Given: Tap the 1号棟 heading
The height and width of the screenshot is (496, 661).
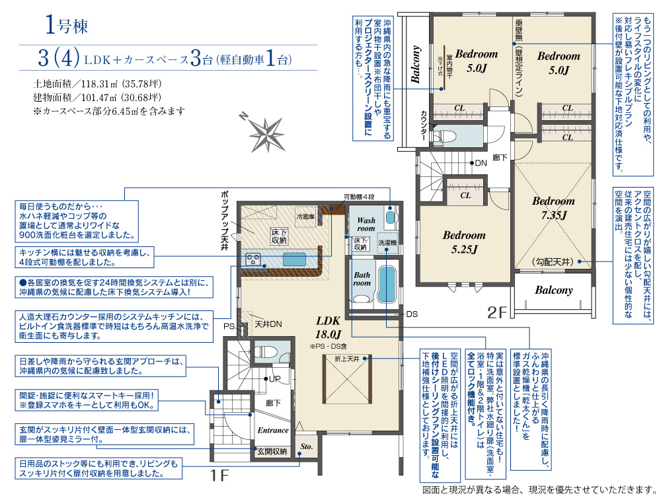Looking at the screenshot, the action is point(67,25).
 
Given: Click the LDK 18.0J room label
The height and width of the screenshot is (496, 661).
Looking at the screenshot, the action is point(328,328).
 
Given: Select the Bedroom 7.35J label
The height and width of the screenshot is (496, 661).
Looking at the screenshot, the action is point(553,208).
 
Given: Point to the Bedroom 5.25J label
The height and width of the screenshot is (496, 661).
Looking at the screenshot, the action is point(464,242).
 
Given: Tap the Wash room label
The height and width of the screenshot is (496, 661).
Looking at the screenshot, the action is point(366,224).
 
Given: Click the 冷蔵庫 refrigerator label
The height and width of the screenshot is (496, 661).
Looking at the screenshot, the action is point(305,217).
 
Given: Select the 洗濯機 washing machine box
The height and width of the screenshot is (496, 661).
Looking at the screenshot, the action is point(387,243).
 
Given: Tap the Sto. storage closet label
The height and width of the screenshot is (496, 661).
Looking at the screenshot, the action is point(307,446).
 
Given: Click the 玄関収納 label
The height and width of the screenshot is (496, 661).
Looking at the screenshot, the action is point(272,451).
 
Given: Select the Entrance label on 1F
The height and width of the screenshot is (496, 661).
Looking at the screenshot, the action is point(273,431).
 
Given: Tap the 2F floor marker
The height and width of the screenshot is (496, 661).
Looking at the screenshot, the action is point(497,312).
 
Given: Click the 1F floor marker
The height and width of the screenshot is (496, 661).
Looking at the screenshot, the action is point(219,476).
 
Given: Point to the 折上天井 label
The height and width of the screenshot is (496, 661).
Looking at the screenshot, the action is point(347,359).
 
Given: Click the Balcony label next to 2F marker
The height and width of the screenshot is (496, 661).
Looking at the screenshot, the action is point(554,290).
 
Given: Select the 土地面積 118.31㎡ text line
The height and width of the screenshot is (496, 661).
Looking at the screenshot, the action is point(97,84).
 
